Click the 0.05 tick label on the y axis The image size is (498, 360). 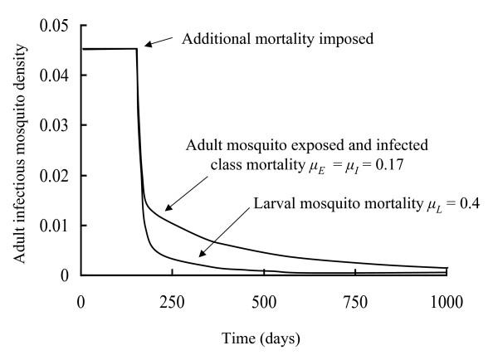(x=53, y=26)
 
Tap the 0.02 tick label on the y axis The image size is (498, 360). (x=53, y=175)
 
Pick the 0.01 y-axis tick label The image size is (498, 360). (x=53, y=225)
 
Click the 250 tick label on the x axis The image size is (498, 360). (x=173, y=299)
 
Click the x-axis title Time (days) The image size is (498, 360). (x=264, y=340)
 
